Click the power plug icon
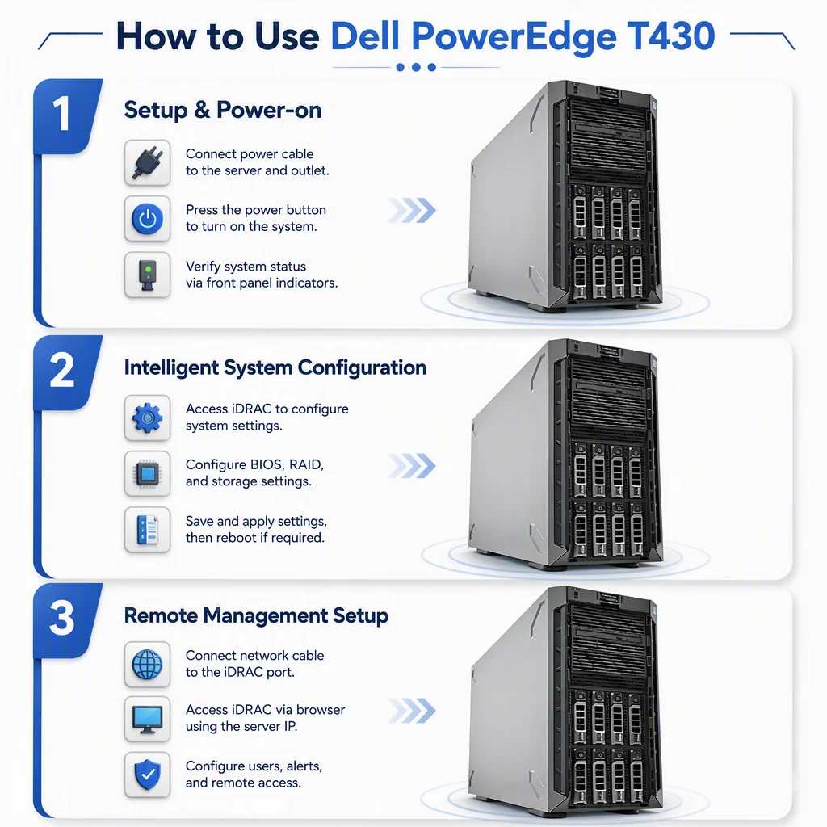[x=147, y=162]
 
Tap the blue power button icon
[x=147, y=218]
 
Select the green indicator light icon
[x=147, y=275]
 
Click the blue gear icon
[x=147, y=418]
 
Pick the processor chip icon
[x=147, y=473]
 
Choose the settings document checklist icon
[x=147, y=530]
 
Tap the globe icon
[x=147, y=665]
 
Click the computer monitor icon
[x=147, y=719]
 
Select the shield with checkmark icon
[x=147, y=775]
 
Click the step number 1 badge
[x=66, y=116]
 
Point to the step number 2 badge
[x=66, y=372]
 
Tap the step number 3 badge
[x=66, y=619]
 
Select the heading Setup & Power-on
[x=223, y=110]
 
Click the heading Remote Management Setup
[x=256, y=615]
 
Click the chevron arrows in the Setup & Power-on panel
[x=412, y=211]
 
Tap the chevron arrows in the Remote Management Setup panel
[x=412, y=711]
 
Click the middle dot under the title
[x=416, y=68]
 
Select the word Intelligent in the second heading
[x=171, y=368]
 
